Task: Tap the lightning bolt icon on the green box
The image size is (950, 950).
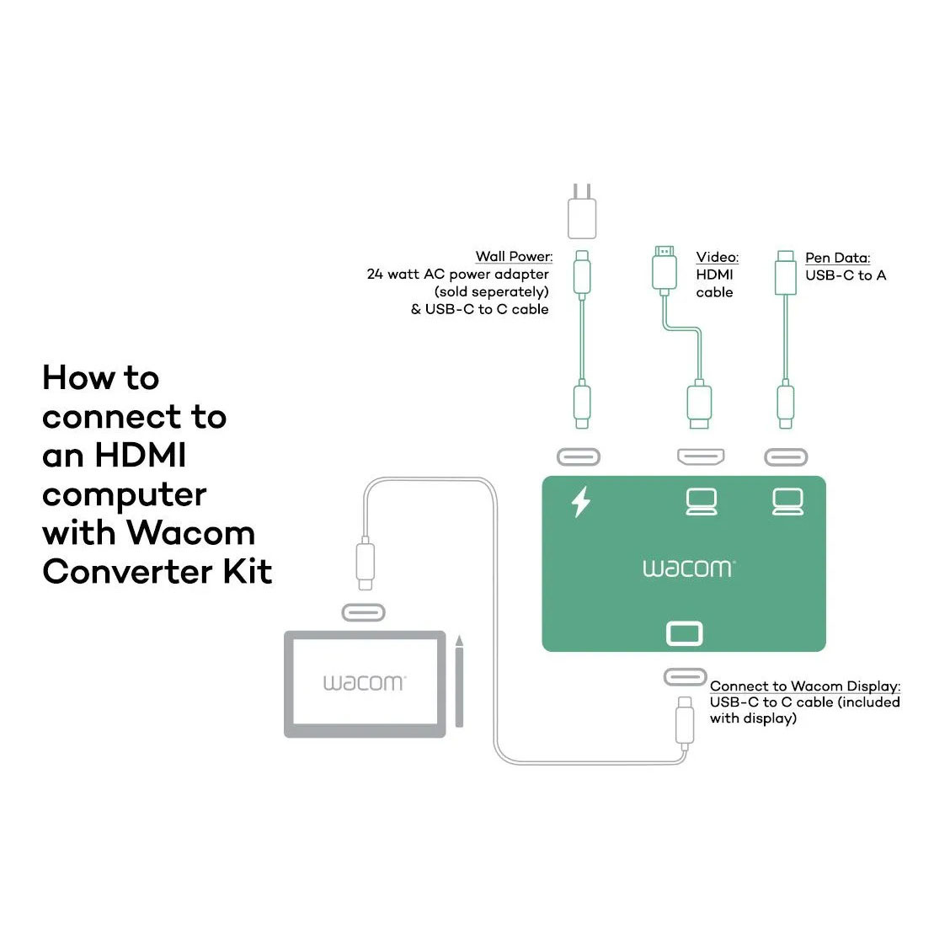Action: [581, 501]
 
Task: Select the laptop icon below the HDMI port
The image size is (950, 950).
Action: [701, 501]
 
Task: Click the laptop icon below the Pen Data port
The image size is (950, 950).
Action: [787, 501]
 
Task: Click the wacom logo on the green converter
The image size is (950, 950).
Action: [688, 568]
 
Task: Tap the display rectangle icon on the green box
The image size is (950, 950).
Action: [684, 633]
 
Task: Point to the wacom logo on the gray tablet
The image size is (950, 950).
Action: [364, 682]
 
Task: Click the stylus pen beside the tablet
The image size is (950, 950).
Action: [459, 682]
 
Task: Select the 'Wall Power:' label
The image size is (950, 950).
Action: [514, 257]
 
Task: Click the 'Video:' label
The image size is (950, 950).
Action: [717, 257]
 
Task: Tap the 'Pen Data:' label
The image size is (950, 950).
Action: [837, 258]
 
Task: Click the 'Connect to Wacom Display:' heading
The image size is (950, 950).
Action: [804, 686]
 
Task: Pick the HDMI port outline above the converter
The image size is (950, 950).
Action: [701, 457]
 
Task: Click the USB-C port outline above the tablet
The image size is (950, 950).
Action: [363, 612]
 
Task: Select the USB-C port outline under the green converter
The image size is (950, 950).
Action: [685, 676]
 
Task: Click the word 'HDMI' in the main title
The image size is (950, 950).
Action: [140, 456]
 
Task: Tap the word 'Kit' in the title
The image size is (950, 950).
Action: [248, 572]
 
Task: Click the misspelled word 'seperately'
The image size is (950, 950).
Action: [503, 292]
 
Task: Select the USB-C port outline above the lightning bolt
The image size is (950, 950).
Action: [579, 457]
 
